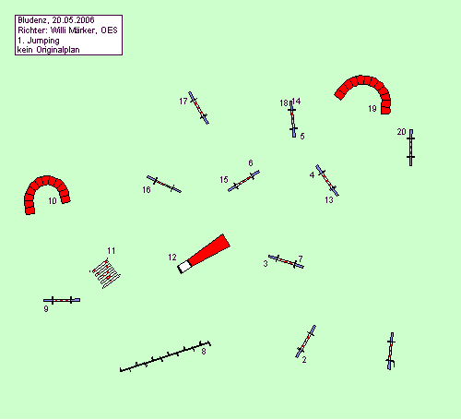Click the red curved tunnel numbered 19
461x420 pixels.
click(362, 80)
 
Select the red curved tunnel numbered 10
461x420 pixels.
click(46, 181)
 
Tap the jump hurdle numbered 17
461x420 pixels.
click(198, 108)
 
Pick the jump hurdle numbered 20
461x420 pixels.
click(411, 148)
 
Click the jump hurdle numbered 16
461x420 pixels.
click(164, 184)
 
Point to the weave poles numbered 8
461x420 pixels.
click(165, 356)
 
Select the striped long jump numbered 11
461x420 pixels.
click(105, 273)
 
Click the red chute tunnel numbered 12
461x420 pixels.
click(204, 254)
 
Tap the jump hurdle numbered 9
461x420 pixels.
click(62, 300)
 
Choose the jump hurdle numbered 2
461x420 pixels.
click(305, 342)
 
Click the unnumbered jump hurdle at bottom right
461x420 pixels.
click(390, 351)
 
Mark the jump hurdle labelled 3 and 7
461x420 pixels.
click(286, 261)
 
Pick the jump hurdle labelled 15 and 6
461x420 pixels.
click(243, 181)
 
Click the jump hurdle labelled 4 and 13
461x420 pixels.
click(327, 180)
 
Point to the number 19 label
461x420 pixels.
click(372, 109)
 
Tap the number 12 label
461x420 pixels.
click(172, 258)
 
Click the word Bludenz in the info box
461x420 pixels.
click(32, 20)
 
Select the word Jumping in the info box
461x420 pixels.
click(43, 41)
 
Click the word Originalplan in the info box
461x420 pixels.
click(58, 50)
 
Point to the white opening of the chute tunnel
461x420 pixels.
click(184, 267)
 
